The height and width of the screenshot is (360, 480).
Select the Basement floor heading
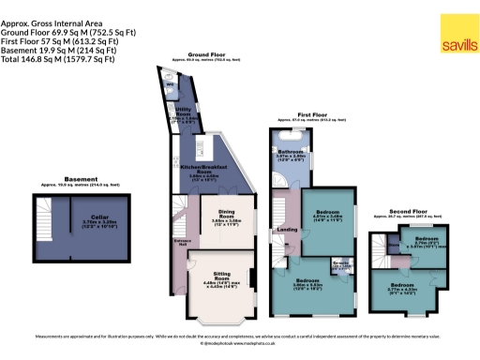pos(88,179)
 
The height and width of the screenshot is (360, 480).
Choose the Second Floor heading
pos(406,211)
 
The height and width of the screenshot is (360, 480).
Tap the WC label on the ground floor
pos(171,87)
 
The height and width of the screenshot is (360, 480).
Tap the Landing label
pos(286,229)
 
